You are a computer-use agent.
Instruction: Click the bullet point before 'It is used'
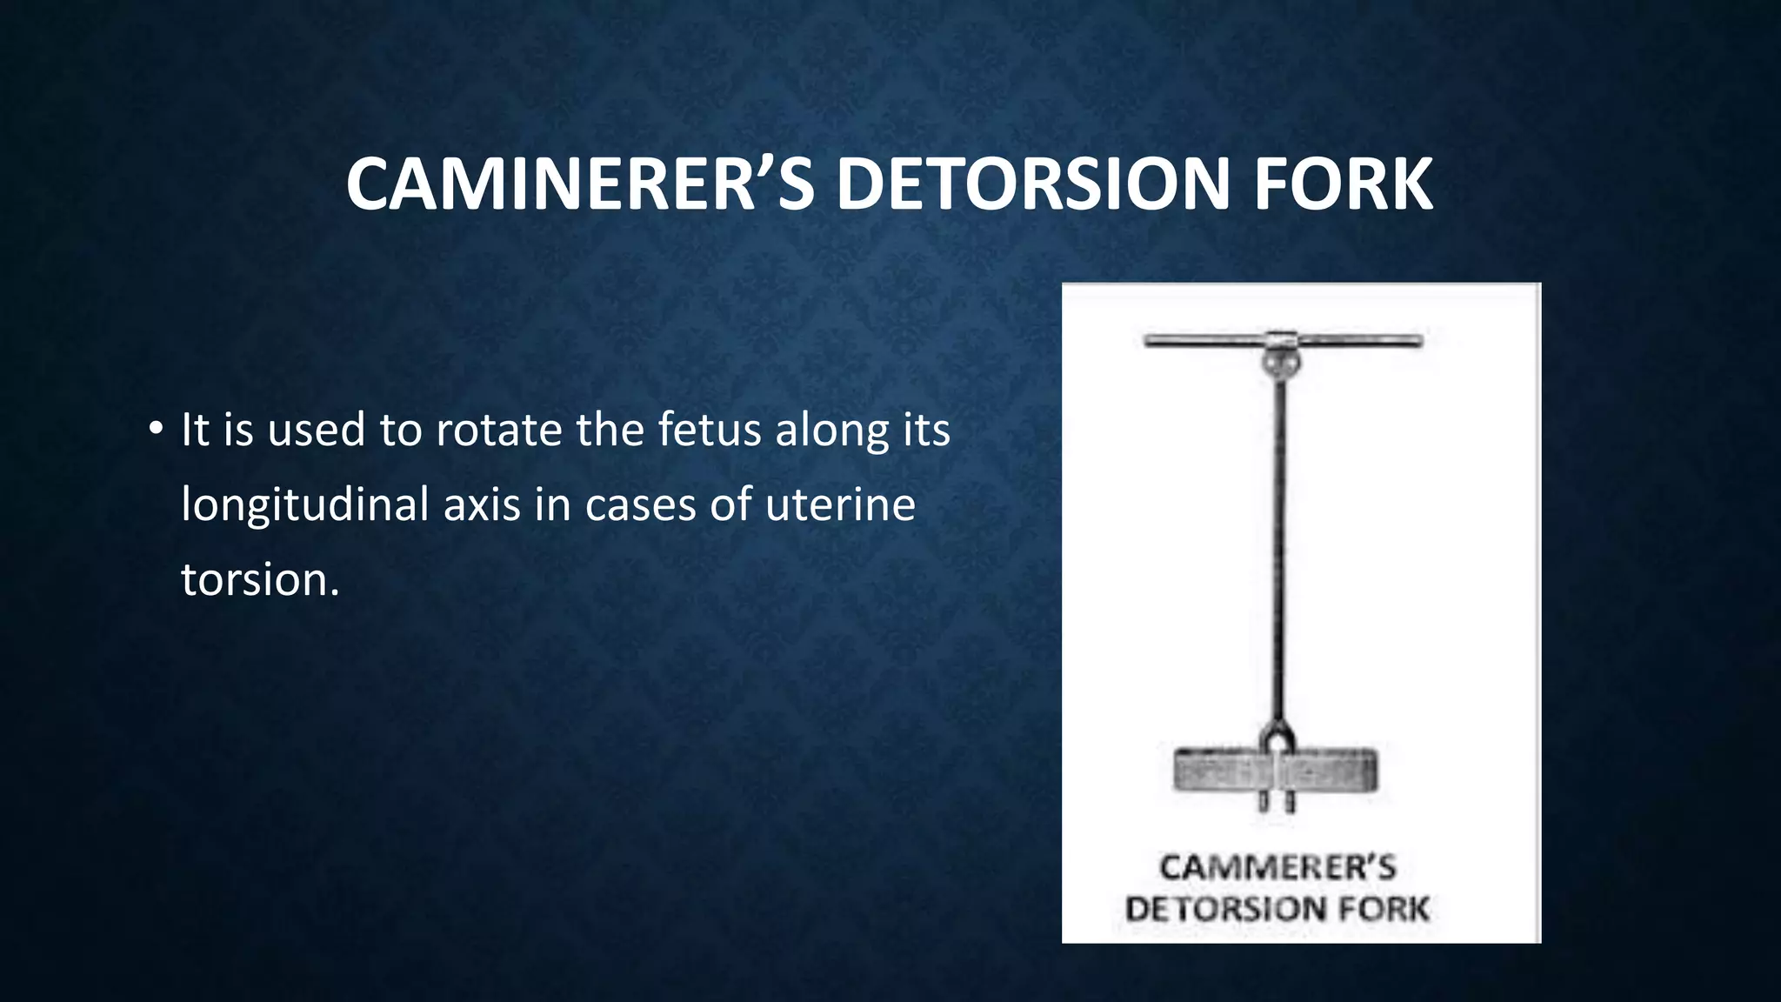[x=155, y=429]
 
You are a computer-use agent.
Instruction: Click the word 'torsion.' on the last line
[x=260, y=579]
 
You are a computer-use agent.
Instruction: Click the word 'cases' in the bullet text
[x=640, y=504]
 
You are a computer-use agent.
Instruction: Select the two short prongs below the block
[x=1276, y=802]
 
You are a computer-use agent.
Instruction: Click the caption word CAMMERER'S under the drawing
[x=1277, y=868]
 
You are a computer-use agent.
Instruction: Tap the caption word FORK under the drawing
[x=1383, y=910]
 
